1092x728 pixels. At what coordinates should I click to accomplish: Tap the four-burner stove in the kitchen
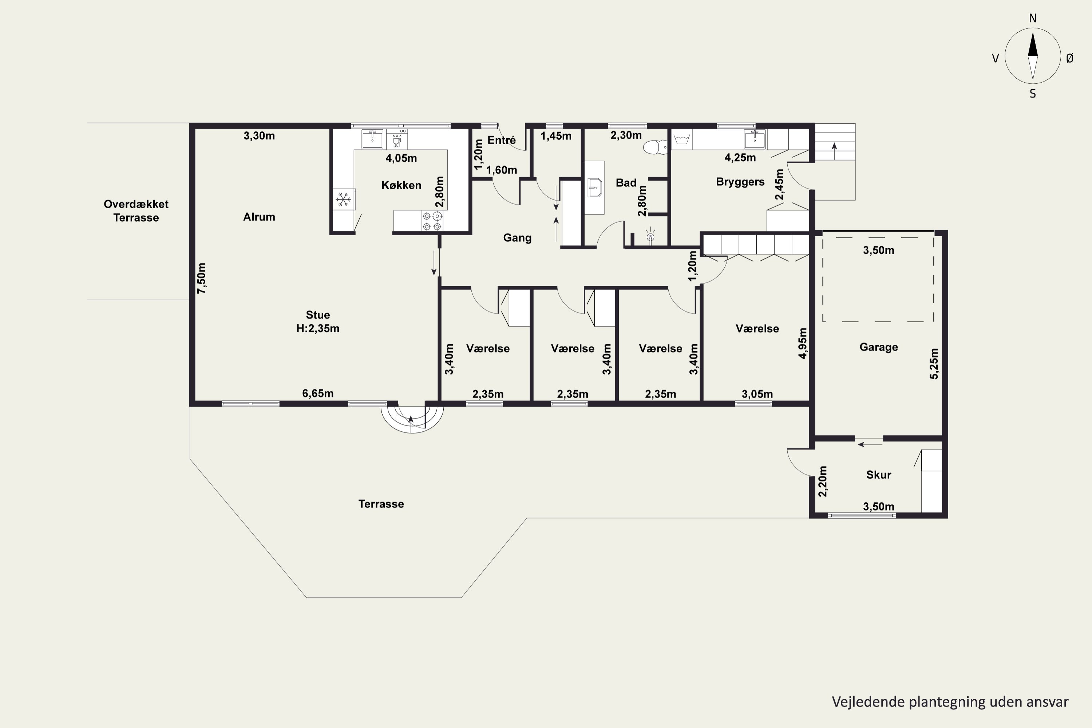coord(432,221)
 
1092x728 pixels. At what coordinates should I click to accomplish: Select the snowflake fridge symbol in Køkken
coord(344,199)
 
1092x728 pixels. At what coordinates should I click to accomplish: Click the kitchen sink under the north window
coord(372,139)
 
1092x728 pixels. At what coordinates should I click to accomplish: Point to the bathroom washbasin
coord(594,187)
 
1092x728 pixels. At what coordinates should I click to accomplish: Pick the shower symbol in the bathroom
coord(650,236)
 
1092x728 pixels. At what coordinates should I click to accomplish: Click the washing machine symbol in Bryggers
coord(682,139)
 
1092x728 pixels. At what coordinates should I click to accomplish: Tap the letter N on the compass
coord(1033,18)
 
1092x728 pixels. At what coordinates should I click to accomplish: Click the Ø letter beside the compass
coord(1070,58)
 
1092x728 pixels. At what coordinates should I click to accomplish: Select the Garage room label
coord(878,347)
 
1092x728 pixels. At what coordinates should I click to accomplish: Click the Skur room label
coord(878,475)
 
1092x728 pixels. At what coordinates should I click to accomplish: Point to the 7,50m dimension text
coord(202,278)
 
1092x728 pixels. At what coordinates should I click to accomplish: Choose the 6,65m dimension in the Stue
coord(318,393)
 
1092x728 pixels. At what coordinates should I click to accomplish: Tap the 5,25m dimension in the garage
coord(934,364)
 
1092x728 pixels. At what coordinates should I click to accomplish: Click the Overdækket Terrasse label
coord(136,211)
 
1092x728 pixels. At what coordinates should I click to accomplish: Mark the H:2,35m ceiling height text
coord(318,329)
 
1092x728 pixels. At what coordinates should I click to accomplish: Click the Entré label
coord(502,140)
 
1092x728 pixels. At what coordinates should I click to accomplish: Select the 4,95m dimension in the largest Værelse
coord(803,343)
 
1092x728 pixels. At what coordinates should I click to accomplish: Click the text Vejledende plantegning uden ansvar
coord(950,701)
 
